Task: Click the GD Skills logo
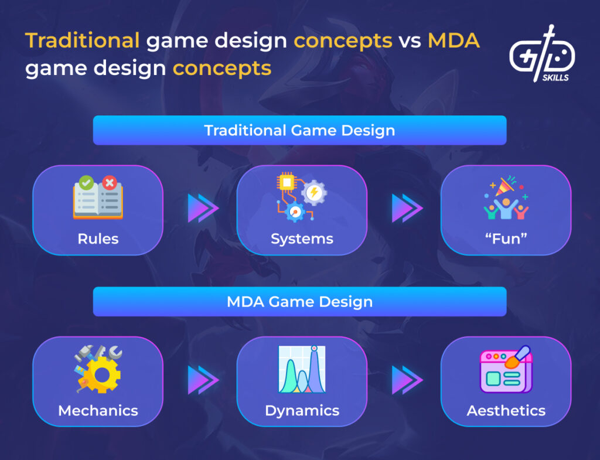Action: pos(541,54)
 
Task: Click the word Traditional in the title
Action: pos(82,41)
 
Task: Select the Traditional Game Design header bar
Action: pos(299,130)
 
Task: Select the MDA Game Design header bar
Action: pos(299,302)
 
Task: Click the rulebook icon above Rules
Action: pos(98,197)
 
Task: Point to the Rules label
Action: pos(98,238)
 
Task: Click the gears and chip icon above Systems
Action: pos(301,196)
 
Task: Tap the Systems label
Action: pos(302,238)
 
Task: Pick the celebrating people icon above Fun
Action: pos(506,197)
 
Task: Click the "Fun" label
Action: pos(506,238)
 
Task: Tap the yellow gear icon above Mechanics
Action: pos(98,369)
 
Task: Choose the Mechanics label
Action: pos(98,410)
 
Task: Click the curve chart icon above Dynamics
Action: pos(302,369)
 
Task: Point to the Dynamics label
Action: pos(302,410)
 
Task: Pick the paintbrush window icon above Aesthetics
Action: pos(506,369)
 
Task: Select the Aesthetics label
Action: pos(506,410)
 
